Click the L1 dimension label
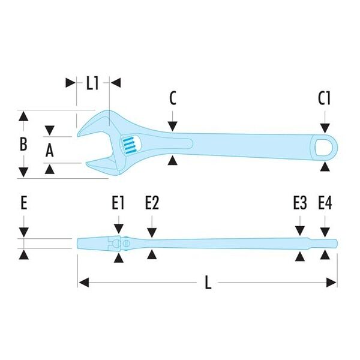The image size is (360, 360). coord(92,83)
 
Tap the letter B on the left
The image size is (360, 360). coord(23,144)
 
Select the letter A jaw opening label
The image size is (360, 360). coord(50,150)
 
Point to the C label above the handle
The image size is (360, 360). coord(173,98)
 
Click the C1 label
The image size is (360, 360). coord(324,98)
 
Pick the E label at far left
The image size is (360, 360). coord(24,203)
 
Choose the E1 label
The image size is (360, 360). coord(118,203)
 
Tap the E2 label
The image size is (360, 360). coord(152,203)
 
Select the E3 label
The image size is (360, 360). coord(300,203)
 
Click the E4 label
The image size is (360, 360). coord(325,203)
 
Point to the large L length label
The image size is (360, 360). coord(208,282)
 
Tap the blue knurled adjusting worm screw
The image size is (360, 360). coord(128,145)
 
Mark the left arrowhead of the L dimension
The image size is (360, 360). coord(83,283)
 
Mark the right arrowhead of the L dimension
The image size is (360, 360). coord(331,283)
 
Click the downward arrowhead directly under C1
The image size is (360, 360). coord(325,128)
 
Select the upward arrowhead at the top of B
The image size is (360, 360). coord(23,116)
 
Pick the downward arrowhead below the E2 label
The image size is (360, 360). coord(152,233)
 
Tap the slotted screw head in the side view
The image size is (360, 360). coord(126,243)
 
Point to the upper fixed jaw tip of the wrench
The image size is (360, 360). coord(78,135)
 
